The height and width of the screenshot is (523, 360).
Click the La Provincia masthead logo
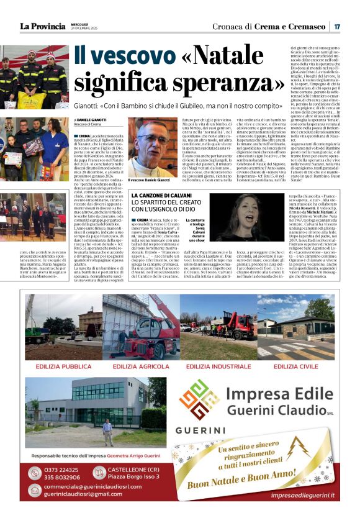point(42,27)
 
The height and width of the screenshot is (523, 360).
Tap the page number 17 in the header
point(336,27)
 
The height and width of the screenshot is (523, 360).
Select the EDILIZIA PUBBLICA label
point(63,366)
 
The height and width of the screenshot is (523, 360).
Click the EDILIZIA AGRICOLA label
point(142,366)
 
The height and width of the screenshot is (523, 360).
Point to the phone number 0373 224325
point(62,470)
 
